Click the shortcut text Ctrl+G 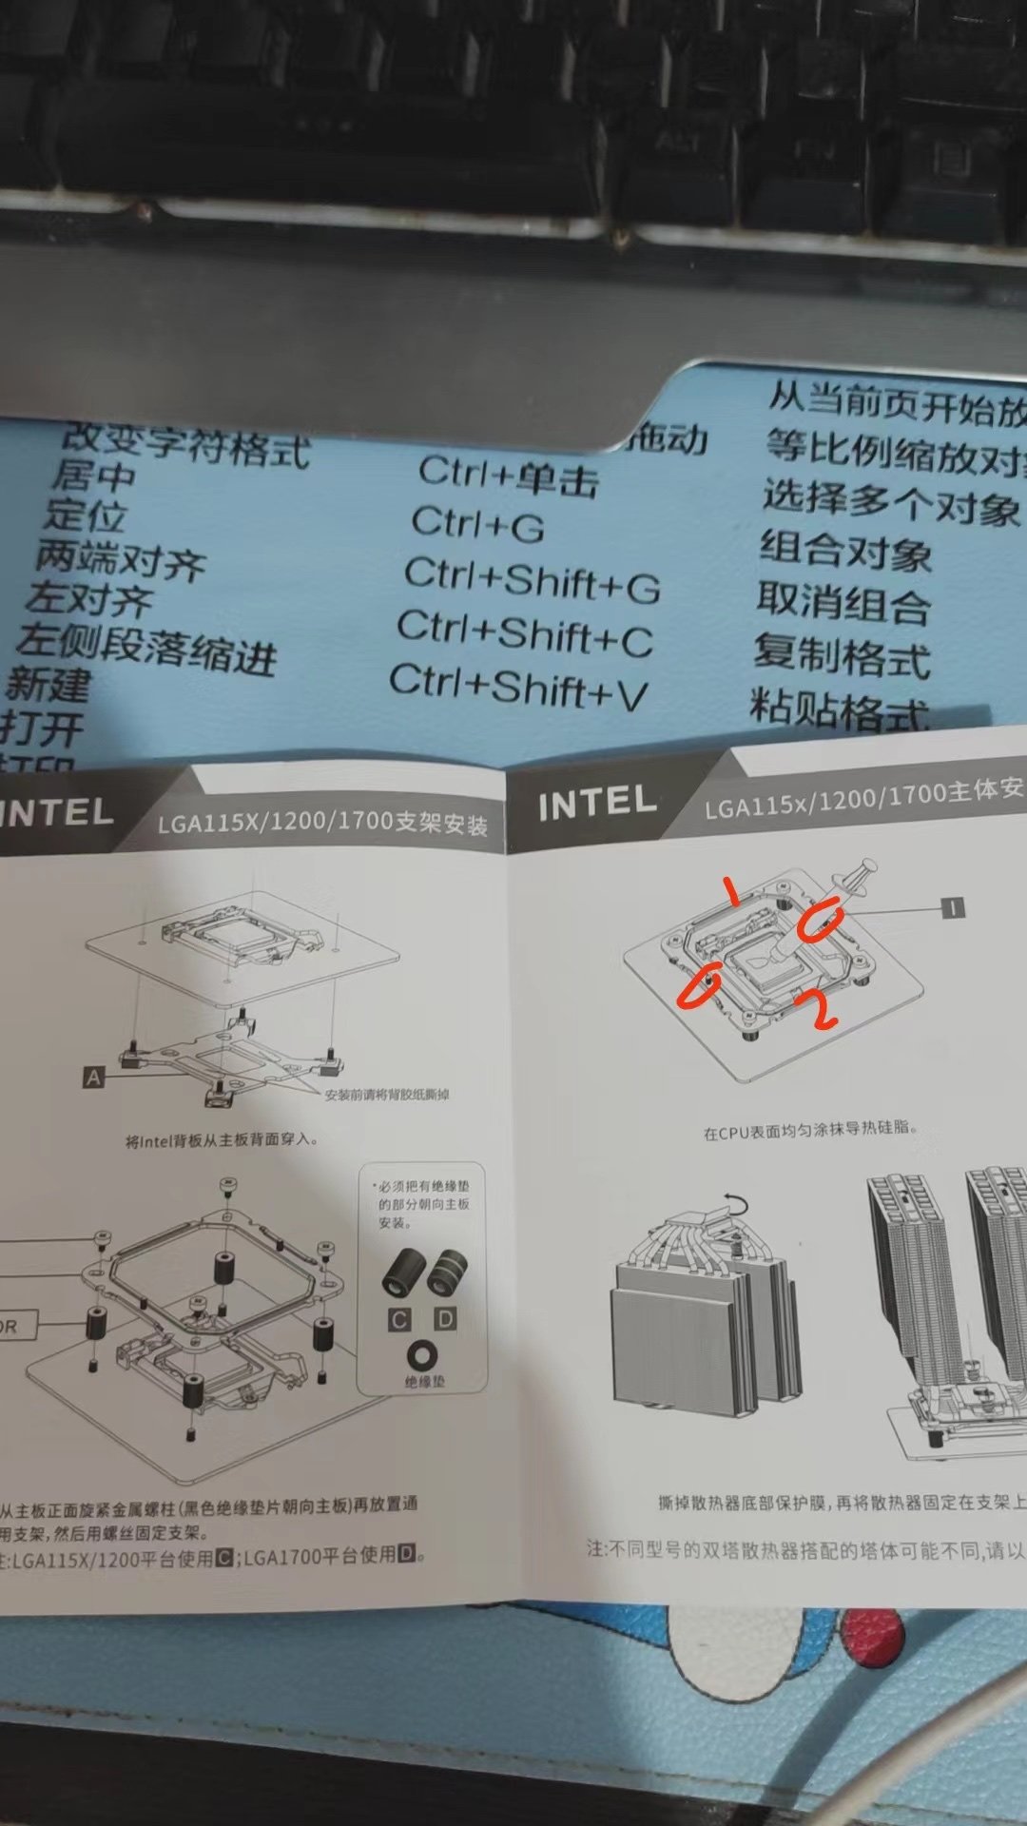(477, 524)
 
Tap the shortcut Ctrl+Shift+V (518, 688)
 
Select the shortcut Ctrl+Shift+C (525, 633)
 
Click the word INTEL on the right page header (597, 803)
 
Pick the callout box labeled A (93, 1078)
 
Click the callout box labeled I (952, 908)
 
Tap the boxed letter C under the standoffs (399, 1320)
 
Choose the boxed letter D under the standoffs (445, 1318)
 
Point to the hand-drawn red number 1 (731, 892)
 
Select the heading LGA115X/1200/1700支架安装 (322, 822)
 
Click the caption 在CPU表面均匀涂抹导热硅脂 (809, 1130)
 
